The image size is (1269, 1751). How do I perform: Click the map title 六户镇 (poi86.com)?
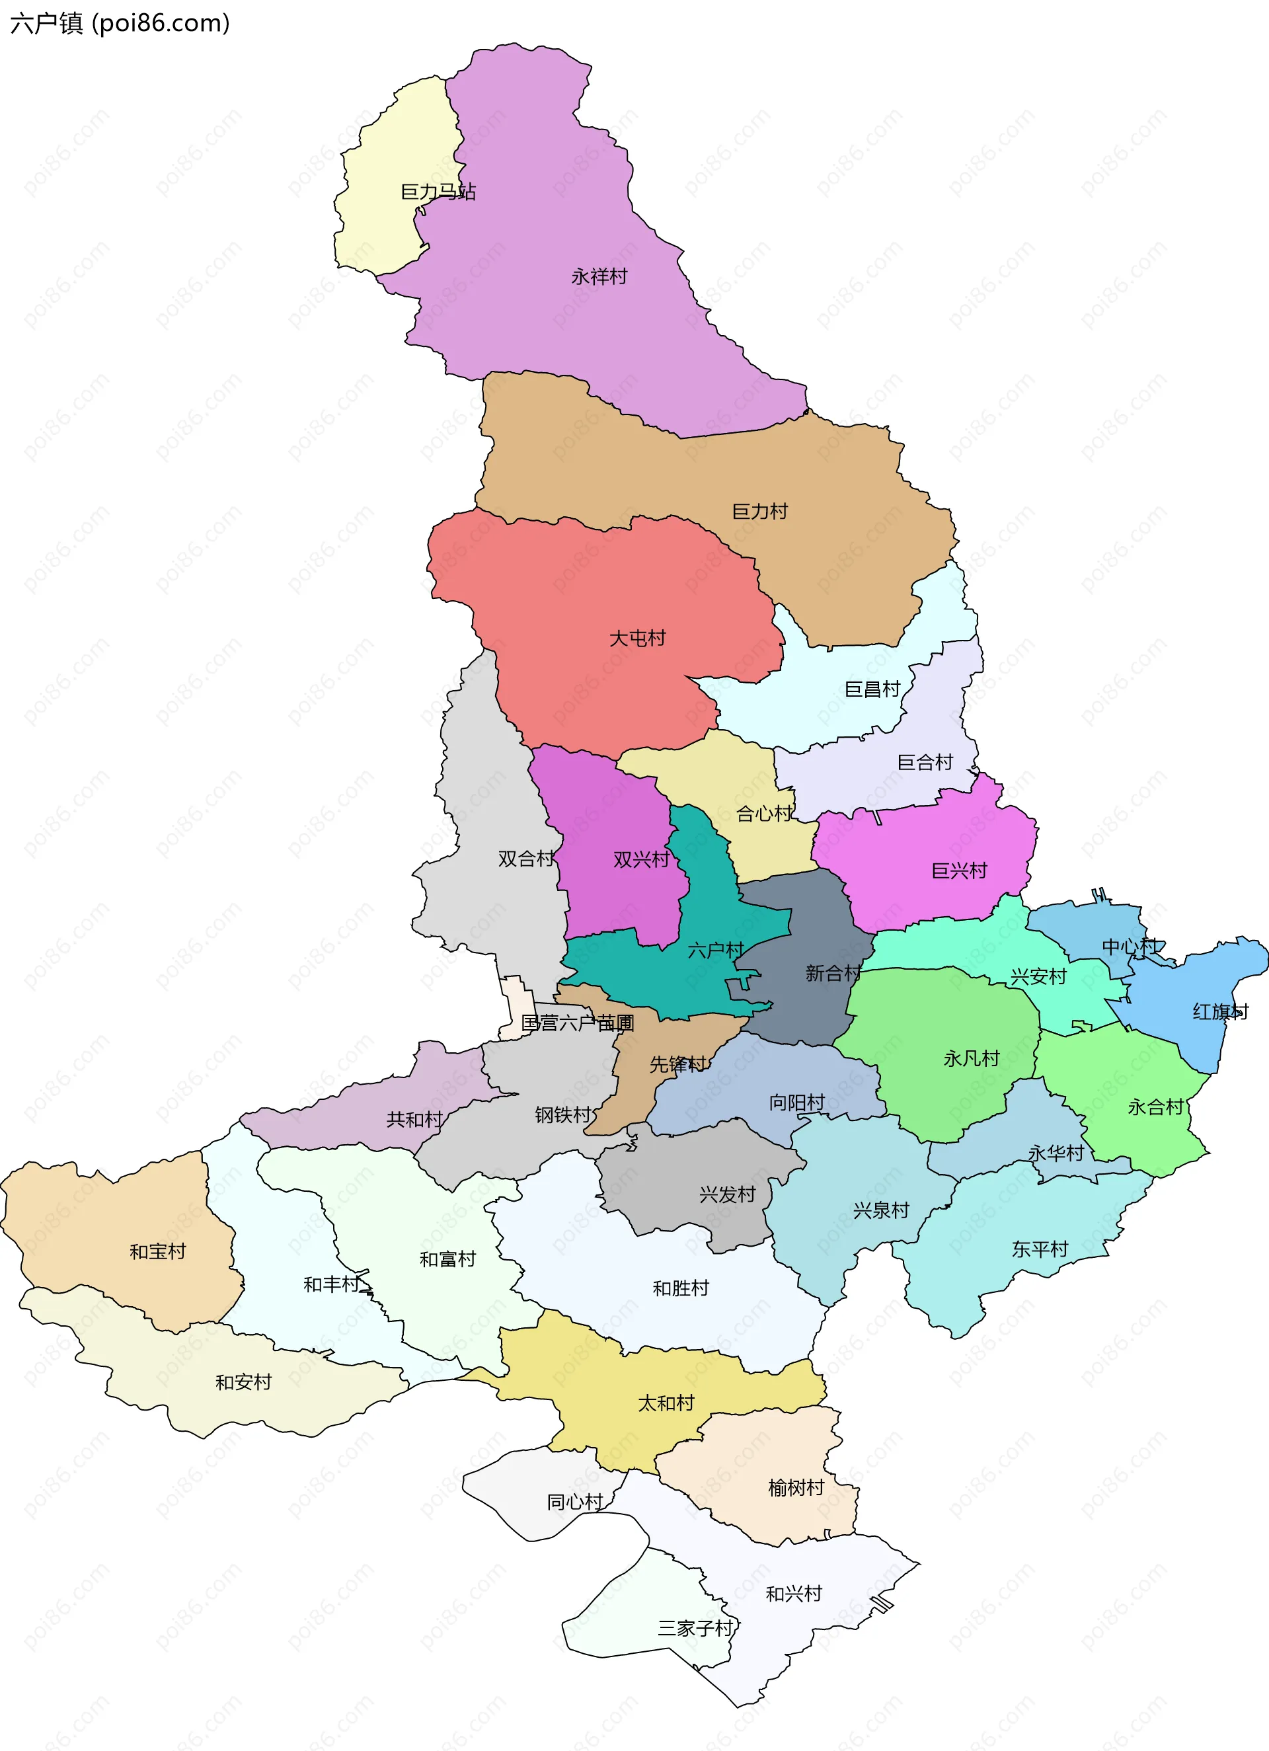[120, 23]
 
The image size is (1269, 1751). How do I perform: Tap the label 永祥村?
[599, 276]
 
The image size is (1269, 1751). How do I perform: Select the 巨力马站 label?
[438, 192]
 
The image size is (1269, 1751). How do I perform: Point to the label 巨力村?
[759, 511]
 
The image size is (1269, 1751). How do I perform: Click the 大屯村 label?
[637, 639]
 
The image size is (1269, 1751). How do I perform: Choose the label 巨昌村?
[872, 689]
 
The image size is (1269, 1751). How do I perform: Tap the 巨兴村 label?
[959, 871]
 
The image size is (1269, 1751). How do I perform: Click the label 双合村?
[525, 859]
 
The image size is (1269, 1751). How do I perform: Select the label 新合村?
[833, 973]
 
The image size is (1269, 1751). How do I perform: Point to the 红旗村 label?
[1219, 1011]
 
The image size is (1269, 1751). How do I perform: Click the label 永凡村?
[971, 1058]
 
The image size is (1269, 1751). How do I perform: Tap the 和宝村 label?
[157, 1251]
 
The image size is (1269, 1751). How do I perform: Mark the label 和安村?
[243, 1382]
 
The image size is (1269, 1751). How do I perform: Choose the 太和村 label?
[666, 1403]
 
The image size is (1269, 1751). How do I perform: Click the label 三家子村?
[695, 1628]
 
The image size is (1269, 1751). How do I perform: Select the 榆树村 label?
[796, 1488]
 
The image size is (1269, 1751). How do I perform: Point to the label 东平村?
[1040, 1249]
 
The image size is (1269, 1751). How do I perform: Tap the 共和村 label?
[414, 1120]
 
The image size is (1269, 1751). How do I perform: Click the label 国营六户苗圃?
[578, 1023]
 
